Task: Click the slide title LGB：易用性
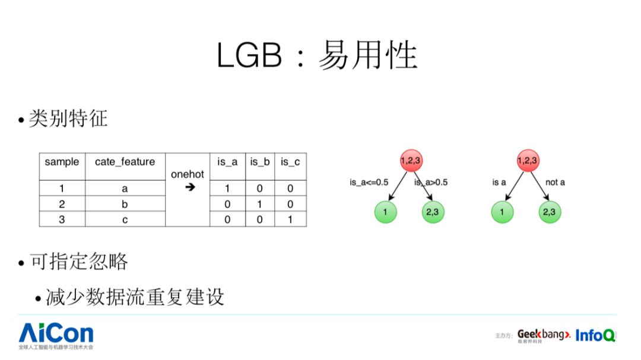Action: [x=317, y=56]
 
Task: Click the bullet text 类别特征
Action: [x=68, y=119]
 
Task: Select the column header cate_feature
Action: [x=125, y=161]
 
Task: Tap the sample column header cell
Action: [x=62, y=161]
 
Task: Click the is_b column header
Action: [x=260, y=161]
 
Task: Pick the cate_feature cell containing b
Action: [x=125, y=204]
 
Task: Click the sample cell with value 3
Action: [x=62, y=219]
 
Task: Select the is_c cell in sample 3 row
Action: [x=291, y=219]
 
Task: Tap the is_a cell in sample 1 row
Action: [x=227, y=189]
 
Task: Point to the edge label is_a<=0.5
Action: [x=369, y=183]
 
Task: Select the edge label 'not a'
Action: [x=555, y=183]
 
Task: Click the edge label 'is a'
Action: [x=499, y=183]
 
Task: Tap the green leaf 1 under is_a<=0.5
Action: [x=386, y=212]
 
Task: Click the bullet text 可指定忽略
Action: [x=78, y=262]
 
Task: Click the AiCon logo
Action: [x=56, y=333]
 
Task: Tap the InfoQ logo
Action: [x=595, y=335]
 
